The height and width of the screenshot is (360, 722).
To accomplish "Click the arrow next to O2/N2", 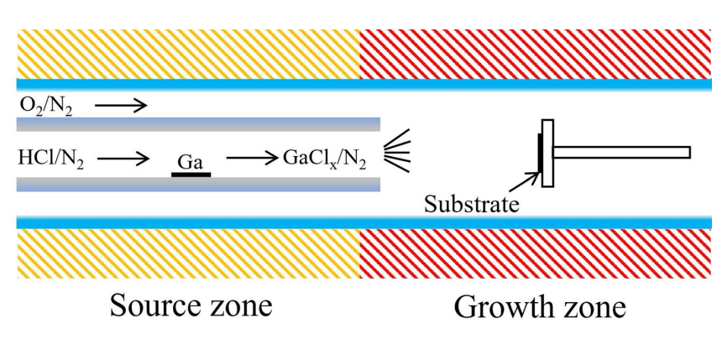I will [x=121, y=106].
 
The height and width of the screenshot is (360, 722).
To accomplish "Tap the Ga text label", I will [x=191, y=159].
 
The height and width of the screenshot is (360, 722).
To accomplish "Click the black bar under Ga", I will [x=191, y=174].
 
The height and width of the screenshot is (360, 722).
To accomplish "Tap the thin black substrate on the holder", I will [x=540, y=155].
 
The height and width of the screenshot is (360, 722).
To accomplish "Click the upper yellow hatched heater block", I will [x=188, y=52].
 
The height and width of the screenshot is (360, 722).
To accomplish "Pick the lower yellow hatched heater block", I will [x=188, y=254].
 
